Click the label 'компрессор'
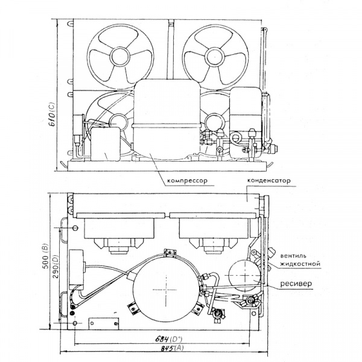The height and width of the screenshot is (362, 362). (x=187, y=181)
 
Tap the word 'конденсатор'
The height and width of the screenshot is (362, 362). (x=268, y=180)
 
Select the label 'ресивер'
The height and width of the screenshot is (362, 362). (x=296, y=284)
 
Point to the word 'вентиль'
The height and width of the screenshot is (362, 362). (x=293, y=256)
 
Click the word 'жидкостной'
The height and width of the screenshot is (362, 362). (x=300, y=264)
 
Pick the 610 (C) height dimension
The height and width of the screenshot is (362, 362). (x=52, y=114)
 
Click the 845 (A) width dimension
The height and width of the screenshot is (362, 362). (x=172, y=348)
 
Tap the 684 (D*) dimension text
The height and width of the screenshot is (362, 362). (x=168, y=339)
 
